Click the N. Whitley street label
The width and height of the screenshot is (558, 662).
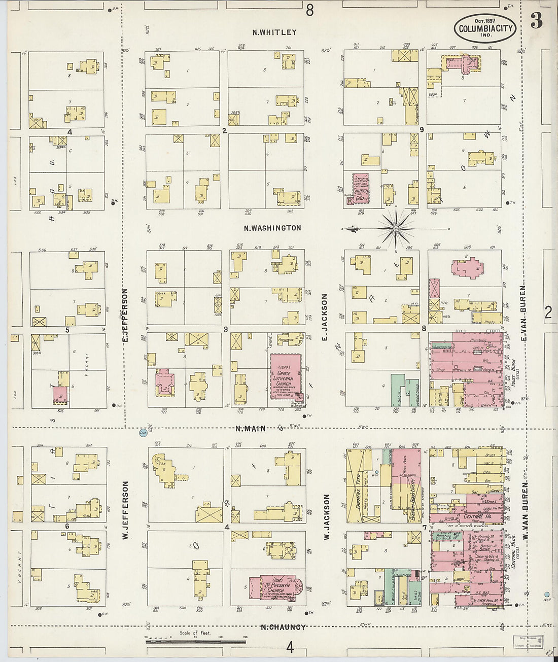pos(274,32)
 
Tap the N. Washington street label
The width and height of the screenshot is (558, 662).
pos(272,228)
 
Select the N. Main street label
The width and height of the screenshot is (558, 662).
pos(251,429)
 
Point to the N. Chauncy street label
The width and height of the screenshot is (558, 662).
pos(283,628)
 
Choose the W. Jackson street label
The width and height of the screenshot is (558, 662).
pos(327,516)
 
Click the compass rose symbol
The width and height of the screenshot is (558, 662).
pos(397,229)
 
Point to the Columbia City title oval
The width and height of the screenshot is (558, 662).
pos(485,28)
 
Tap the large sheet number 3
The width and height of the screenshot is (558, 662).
pos(536,21)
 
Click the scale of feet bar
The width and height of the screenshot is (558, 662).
pos(195,642)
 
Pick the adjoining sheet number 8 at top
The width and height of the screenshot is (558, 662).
pos(309,9)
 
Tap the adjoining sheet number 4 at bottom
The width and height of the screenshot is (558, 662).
pos(290,648)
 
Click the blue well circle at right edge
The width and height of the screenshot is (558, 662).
pos(547,595)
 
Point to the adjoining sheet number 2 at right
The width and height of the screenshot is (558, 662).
pos(548,313)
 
